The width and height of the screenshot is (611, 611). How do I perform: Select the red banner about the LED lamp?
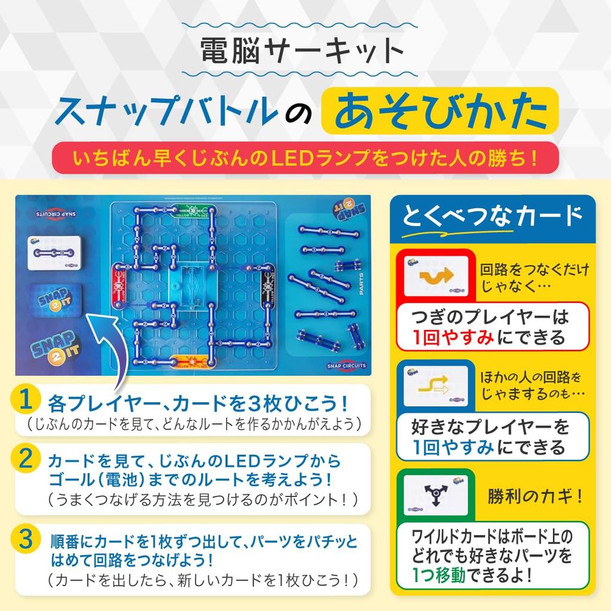305,160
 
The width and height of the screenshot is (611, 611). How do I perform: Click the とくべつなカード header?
492,215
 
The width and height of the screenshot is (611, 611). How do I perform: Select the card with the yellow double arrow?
439,388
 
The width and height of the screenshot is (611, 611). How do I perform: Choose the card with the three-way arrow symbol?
439,495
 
